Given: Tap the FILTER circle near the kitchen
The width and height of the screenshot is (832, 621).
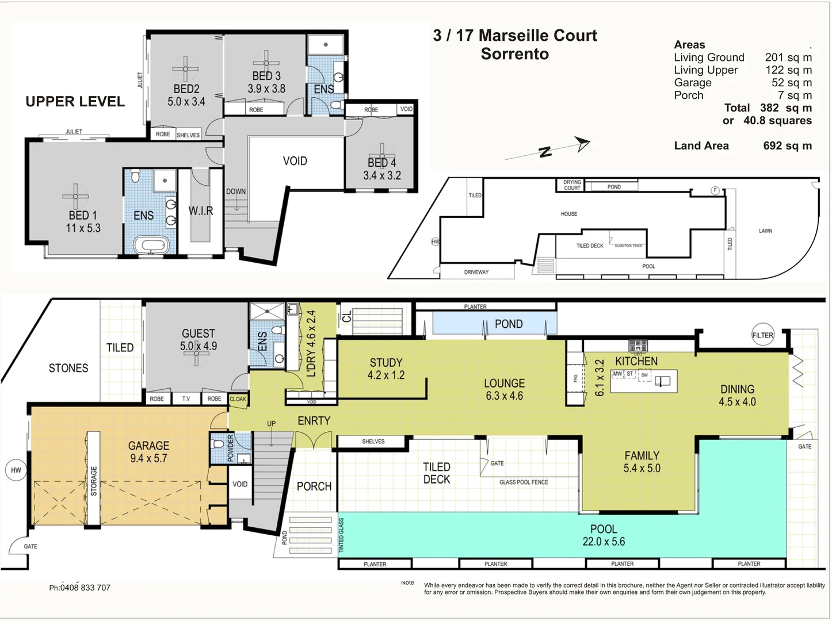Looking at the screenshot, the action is [x=762, y=335].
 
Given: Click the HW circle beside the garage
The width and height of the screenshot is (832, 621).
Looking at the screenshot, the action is [x=16, y=470].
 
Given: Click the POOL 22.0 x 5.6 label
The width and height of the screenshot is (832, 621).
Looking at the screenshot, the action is [x=604, y=535].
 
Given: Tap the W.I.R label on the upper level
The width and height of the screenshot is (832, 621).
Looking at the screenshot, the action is [x=200, y=211].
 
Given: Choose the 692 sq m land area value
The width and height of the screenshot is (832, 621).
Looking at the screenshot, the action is [x=787, y=146].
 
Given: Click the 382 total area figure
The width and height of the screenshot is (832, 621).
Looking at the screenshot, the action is [x=769, y=108].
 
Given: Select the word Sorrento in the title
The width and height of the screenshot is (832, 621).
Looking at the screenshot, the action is [x=514, y=54].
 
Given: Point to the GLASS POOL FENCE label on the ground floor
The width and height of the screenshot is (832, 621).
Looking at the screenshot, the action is [x=524, y=482].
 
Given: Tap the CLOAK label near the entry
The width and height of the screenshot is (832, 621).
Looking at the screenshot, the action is [x=238, y=399].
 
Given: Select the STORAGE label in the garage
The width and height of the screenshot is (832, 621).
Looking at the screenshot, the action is [x=93, y=481].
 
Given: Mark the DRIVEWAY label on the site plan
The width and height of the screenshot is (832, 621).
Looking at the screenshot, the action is [x=476, y=273].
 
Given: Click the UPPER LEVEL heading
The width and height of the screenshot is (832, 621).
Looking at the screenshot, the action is [x=75, y=102].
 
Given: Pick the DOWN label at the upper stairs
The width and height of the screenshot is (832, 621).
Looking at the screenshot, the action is [x=235, y=191].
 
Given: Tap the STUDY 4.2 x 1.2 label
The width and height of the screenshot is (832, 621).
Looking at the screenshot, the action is [x=386, y=369].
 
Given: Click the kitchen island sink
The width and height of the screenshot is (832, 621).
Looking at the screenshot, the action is [x=662, y=381].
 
